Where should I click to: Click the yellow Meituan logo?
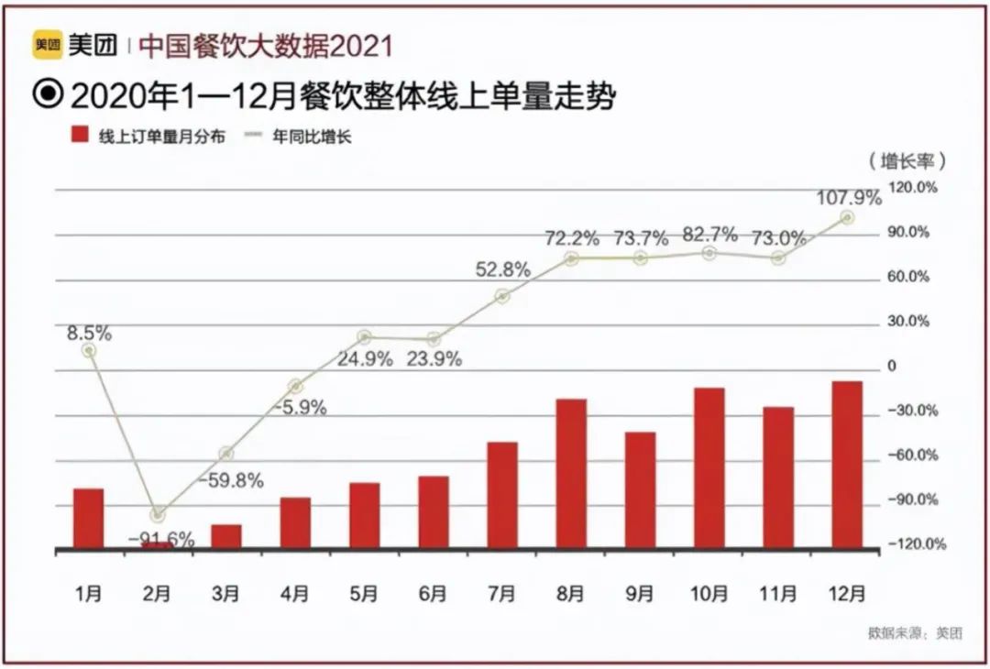48,44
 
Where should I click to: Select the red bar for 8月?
571,474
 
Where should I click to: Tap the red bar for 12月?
847,465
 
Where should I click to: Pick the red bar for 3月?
226,537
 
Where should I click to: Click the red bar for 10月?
709,468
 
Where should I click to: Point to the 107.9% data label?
848,196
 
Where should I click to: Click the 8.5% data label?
88,334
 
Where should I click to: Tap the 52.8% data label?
502,269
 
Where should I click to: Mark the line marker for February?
158,515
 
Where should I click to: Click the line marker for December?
847,218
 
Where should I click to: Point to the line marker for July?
502,296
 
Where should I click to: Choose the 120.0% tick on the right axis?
914,187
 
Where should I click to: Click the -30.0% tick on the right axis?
912,411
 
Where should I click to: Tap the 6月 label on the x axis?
433,594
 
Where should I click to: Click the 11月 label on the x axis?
778,594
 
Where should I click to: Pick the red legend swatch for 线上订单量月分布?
80,137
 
